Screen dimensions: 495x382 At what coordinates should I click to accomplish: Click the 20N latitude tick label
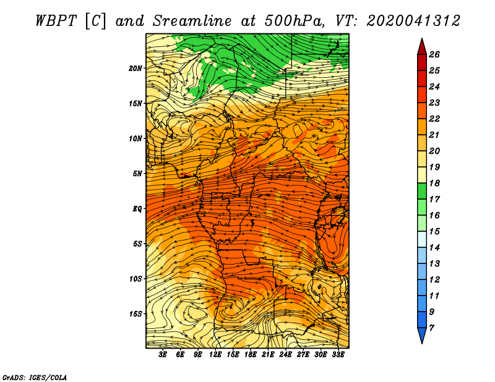coord(136,68)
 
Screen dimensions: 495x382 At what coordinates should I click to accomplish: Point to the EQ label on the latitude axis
coord(137,209)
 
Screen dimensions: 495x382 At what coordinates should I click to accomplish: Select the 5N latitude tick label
coord(137,174)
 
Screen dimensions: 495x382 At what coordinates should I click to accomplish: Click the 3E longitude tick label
coord(163,354)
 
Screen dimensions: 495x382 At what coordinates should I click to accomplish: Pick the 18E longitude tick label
coord(251,354)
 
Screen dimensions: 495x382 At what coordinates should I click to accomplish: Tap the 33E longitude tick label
coord(338,354)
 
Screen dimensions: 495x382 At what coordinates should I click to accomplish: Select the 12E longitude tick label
coord(215,354)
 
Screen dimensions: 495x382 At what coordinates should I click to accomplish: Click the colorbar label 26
coord(434,54)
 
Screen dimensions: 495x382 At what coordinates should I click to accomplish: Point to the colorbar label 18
coord(434,183)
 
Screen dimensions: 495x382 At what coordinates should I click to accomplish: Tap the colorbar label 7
coord(431,328)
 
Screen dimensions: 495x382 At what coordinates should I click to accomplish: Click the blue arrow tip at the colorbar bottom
coord(422,343)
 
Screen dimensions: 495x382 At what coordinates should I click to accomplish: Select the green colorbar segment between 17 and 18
coord(422,191)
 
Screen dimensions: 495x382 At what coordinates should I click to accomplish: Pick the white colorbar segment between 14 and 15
coord(422,239)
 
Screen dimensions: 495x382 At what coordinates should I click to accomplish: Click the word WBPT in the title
coord(56,21)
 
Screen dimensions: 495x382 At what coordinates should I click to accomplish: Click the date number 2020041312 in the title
coord(413,21)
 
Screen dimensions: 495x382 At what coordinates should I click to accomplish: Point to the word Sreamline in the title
coord(192,21)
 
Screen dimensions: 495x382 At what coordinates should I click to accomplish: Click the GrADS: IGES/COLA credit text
coord(35,377)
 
